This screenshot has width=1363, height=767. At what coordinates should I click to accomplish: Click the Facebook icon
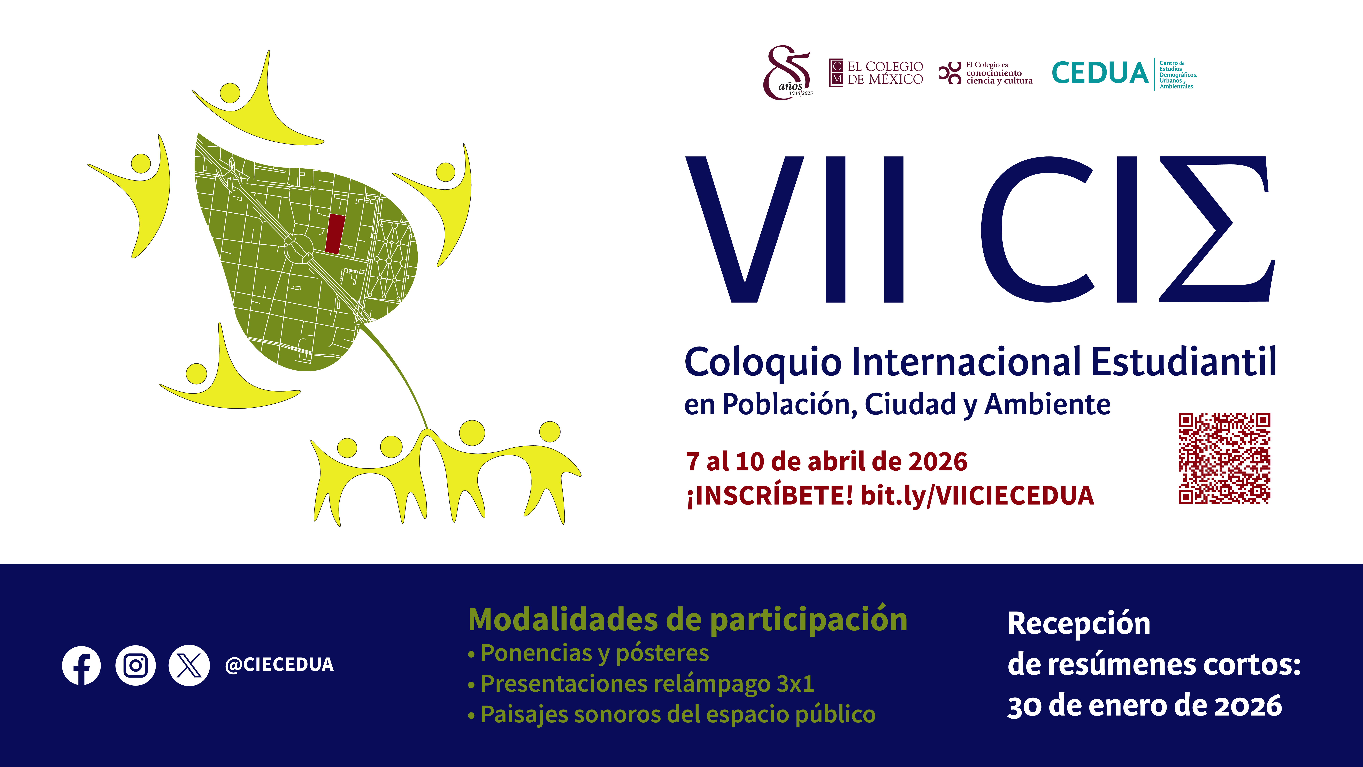point(81,665)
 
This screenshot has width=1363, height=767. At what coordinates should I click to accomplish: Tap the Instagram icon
point(135,665)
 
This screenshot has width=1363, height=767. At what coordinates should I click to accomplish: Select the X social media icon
point(189,665)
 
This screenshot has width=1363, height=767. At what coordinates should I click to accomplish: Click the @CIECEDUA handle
point(279,665)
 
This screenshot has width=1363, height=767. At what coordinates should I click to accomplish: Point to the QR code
point(1224,458)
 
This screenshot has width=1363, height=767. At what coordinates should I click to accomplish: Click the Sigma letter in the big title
point(1216,229)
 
